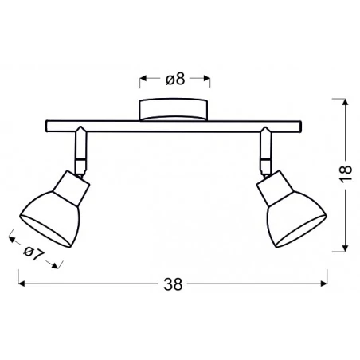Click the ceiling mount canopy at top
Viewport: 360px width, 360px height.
click(x=174, y=109)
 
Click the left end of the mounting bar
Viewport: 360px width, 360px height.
click(x=46, y=124)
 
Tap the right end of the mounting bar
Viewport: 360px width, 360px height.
click(x=303, y=124)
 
